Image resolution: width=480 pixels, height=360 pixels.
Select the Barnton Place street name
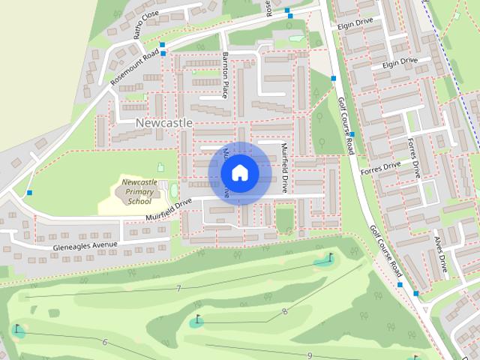225,75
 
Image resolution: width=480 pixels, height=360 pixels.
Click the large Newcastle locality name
164,122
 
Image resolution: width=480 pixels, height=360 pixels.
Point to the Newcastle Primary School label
139,191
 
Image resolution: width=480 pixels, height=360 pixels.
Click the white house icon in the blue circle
239,173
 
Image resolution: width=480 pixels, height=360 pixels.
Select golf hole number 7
178,289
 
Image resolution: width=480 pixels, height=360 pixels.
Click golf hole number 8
284,310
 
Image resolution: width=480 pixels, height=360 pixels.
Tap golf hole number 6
104,342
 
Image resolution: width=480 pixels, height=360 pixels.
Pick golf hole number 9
309,355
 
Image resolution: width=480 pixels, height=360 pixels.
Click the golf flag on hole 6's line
16,328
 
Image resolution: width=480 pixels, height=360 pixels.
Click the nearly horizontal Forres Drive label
381,166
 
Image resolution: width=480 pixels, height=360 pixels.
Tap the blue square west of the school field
29,193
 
